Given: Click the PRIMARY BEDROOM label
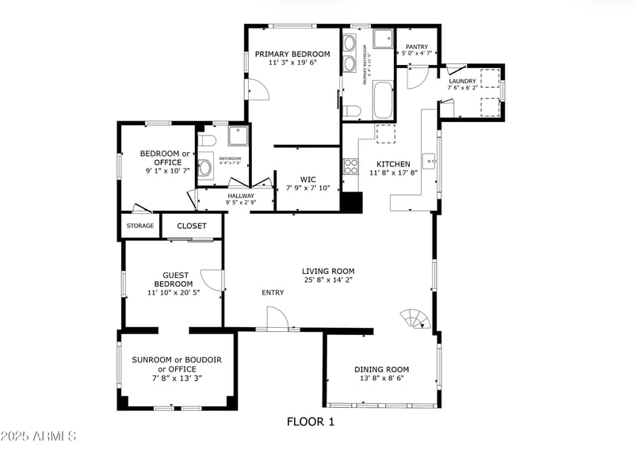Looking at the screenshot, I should click(x=292, y=54).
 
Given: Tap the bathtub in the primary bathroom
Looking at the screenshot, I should click(x=382, y=100).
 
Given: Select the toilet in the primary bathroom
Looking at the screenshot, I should click(x=352, y=109).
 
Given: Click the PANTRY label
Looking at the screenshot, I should click(x=417, y=48).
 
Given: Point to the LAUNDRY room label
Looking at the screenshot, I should click(x=462, y=81).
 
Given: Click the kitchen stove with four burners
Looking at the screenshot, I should click(x=349, y=166).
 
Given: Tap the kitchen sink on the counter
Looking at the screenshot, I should click(x=429, y=161).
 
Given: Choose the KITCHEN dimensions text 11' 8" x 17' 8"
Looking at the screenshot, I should click(x=394, y=173).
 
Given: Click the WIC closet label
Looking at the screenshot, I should click(x=307, y=179).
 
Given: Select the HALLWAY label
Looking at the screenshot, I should click(x=241, y=196).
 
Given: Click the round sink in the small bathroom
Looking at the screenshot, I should click(x=204, y=167).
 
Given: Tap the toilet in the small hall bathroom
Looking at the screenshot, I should click(x=206, y=141).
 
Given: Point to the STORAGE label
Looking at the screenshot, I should click(x=140, y=226).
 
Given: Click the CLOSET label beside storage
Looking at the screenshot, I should click(x=192, y=226).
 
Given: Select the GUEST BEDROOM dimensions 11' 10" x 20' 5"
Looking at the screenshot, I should click(x=173, y=292).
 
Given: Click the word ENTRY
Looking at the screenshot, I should click(x=273, y=293).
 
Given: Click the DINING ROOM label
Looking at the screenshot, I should click(x=381, y=369).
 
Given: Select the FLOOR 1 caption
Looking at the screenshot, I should click(x=311, y=422).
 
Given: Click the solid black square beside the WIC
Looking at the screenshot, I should click(x=351, y=202).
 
